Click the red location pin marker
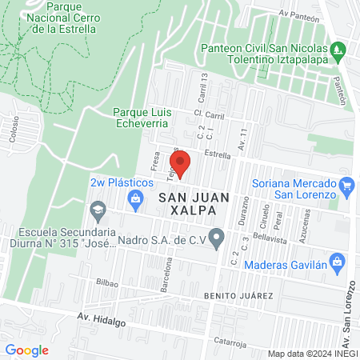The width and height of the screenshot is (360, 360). click(182, 164)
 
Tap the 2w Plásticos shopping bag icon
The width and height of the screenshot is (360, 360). click(135, 198)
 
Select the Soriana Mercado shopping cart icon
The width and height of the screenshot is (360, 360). click(346, 187)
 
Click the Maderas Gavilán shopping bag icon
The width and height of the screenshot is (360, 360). click(337, 261)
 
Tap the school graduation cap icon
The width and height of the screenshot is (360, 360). click(97, 211)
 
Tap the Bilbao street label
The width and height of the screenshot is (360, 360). click(107, 282)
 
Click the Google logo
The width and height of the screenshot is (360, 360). click(26, 350)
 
